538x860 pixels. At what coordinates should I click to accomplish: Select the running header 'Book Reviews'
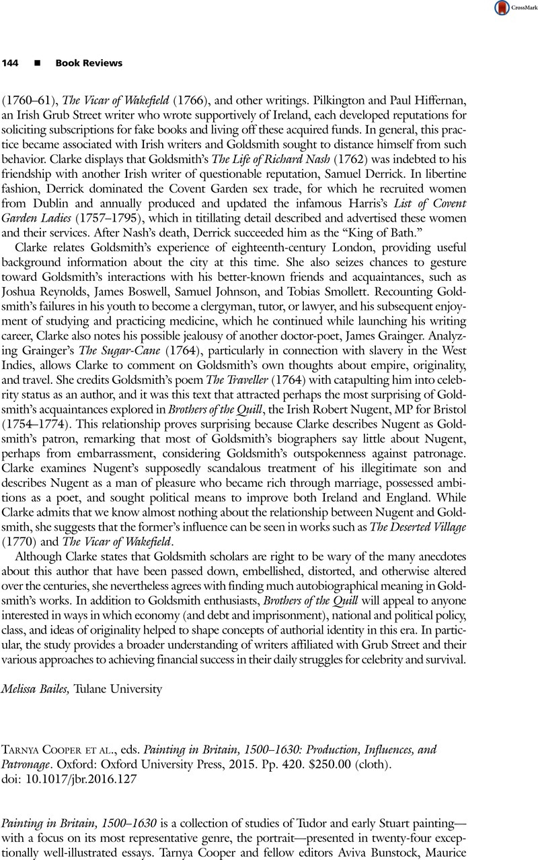(89, 63)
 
